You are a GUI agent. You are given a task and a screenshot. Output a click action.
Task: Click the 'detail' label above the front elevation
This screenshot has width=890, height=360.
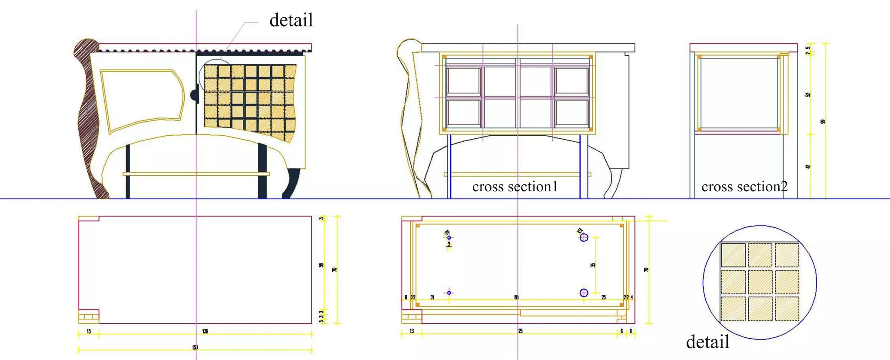tap(291, 20)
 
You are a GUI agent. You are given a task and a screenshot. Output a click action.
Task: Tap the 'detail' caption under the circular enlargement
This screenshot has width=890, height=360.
tap(707, 342)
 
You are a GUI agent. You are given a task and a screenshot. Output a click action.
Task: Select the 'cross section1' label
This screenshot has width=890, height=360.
tap(515, 187)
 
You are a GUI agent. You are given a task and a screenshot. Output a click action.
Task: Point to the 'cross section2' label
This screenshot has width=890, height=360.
tap(744, 187)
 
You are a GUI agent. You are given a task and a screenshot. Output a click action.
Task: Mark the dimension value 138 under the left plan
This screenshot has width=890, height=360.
tap(205, 331)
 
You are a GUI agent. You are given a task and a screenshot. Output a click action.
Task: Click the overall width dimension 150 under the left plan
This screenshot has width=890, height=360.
tap(195, 347)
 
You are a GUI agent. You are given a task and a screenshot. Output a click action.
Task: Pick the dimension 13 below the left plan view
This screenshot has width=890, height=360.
tap(89, 331)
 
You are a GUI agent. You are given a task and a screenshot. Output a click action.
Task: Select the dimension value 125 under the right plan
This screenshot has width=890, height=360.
tap(520, 331)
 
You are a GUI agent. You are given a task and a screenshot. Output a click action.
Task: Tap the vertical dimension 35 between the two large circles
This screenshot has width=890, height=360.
tap(593, 265)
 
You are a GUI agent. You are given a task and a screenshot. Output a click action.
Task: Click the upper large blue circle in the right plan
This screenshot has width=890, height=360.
tap(584, 237)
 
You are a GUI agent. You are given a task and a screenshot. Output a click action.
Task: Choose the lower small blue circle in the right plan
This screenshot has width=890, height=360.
tap(449, 293)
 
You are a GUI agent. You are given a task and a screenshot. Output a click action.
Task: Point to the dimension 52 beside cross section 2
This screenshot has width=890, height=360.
tap(808, 95)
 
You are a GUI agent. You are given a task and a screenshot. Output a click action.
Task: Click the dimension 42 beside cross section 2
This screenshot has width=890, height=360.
tap(808, 167)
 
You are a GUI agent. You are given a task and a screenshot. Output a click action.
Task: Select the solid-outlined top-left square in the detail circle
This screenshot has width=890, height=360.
tap(733, 255)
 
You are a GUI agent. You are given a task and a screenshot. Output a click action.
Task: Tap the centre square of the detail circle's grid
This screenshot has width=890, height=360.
tap(760, 282)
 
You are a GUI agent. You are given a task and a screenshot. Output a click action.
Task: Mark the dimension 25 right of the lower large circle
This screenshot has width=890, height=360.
tap(604, 297)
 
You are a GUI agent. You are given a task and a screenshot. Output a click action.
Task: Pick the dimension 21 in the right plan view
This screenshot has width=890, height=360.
tap(432, 297)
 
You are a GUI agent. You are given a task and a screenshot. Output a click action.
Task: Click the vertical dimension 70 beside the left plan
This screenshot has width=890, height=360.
tap(335, 270)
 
